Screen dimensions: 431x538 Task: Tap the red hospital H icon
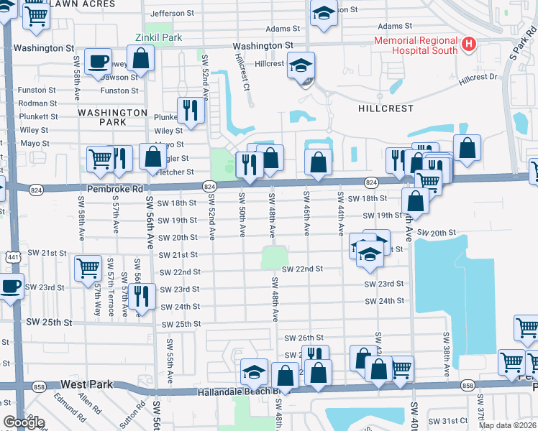click(469, 45)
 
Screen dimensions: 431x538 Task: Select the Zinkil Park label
click(159, 37)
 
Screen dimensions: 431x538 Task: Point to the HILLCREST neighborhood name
click(386, 108)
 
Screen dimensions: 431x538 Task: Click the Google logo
click(24, 422)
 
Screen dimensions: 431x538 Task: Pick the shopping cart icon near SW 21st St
click(88, 268)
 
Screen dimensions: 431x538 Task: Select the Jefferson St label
click(173, 13)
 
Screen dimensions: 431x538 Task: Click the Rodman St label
click(38, 103)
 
